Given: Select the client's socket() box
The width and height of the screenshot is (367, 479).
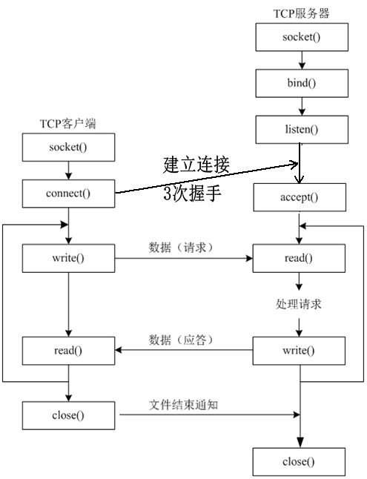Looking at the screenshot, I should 68,147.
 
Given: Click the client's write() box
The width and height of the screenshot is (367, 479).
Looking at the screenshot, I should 68,259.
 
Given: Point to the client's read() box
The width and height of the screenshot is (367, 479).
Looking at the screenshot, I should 68,350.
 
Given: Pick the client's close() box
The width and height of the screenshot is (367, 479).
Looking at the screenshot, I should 68,414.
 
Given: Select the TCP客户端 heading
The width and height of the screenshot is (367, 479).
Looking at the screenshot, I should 67,124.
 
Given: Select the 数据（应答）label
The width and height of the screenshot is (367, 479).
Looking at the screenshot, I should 182,340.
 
